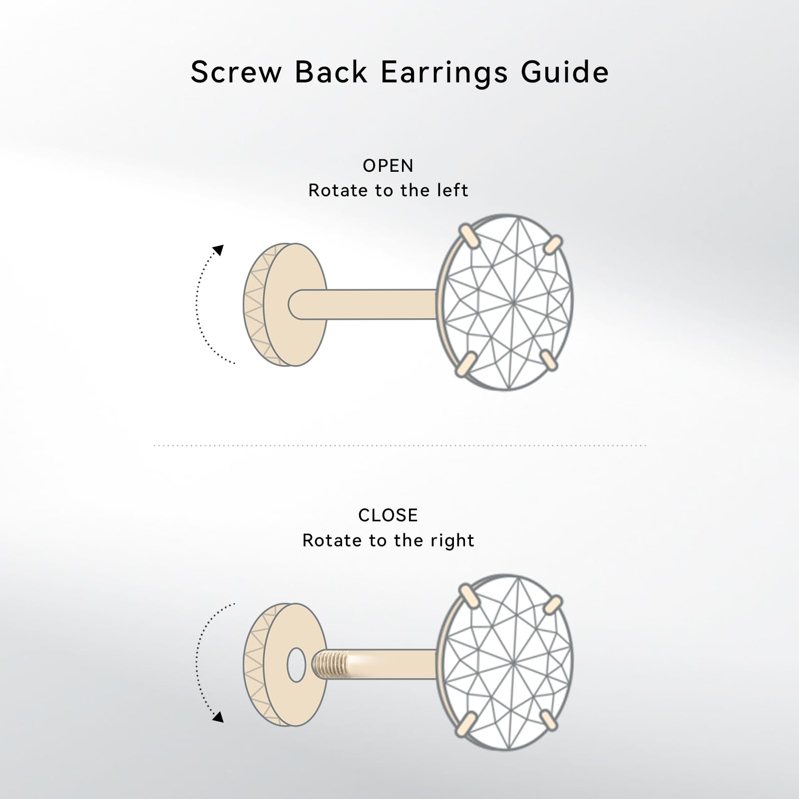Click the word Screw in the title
[x=236, y=72]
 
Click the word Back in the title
[x=331, y=72]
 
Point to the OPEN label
[x=388, y=166]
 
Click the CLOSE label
[x=388, y=515]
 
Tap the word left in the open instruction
[x=451, y=190]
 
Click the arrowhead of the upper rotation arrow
[x=218, y=250]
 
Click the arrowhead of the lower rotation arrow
[x=218, y=717]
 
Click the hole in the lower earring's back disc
[x=296, y=665]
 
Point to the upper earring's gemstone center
[x=513, y=303]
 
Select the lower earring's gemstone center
[x=513, y=662]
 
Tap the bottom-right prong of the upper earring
[x=549, y=361]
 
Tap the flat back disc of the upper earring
[x=295, y=304]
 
